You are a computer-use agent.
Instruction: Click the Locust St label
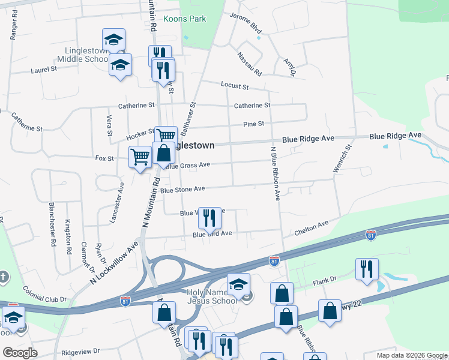point(235,86)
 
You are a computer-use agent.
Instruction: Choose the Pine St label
point(254,124)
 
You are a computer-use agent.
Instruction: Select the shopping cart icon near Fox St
point(140,157)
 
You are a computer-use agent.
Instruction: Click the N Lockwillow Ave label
point(114,263)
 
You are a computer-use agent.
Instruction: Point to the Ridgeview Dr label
point(80,350)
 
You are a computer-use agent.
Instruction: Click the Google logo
point(20,353)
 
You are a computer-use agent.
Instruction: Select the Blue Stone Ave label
point(183,190)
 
